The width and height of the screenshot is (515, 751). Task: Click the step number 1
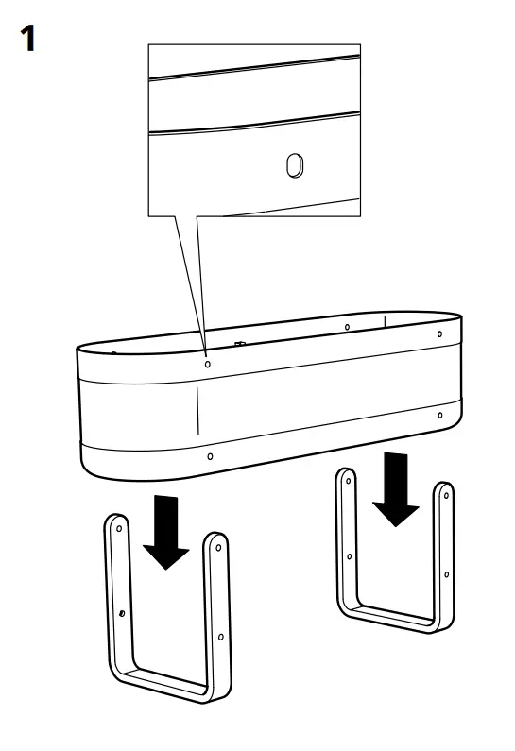coord(27,39)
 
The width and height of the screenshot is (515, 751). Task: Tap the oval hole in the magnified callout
coord(294,165)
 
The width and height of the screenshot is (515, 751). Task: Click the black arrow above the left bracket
coord(165,532)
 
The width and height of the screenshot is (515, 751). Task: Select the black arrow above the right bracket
coord(396,489)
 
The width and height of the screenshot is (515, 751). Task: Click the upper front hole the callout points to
coord(208,364)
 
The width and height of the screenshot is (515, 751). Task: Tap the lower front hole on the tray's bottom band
coord(210,456)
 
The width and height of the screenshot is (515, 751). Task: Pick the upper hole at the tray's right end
coord(439,333)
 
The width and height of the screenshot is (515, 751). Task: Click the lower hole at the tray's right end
coord(440,416)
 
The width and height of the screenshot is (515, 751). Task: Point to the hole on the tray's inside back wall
coord(347,327)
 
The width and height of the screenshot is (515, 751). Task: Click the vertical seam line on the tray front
coord(197,411)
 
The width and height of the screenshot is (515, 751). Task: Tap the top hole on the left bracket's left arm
coord(119,529)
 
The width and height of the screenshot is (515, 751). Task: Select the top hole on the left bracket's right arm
coord(219,548)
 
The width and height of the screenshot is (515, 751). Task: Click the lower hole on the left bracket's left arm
coord(122,613)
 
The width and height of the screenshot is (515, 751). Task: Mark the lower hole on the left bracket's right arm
coord(220,637)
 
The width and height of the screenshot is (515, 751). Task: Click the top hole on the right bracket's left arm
coord(349,481)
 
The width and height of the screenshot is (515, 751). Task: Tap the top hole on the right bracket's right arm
coord(447,496)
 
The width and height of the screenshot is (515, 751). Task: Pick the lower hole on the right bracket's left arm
coord(350,556)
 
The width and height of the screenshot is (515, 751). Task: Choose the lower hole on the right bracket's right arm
coord(447,574)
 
